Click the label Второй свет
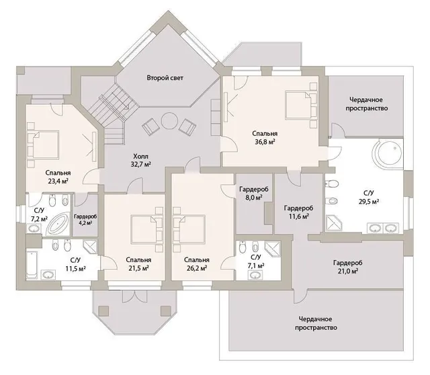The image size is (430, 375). (x=165, y=78)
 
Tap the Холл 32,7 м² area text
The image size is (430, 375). (x=141, y=161)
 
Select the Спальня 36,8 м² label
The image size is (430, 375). (x=265, y=138)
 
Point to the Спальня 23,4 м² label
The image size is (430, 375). (x=58, y=177)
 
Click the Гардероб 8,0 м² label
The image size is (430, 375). (x=254, y=193)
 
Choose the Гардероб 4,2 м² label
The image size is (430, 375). (x=85, y=220)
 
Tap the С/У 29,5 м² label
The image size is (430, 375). (x=369, y=198)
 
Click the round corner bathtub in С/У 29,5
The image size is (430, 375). (x=388, y=154)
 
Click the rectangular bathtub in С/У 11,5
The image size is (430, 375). (x=32, y=264)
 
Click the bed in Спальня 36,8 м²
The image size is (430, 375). (x=300, y=105)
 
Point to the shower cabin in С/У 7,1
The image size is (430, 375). (x=273, y=249)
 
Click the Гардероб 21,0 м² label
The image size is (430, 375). (x=348, y=267)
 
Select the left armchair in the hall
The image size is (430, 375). (x=150, y=126)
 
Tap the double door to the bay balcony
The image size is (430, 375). (x=134, y=296)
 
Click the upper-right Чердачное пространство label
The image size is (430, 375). (x=367, y=104)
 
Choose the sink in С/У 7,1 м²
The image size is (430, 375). (x=255, y=275)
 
